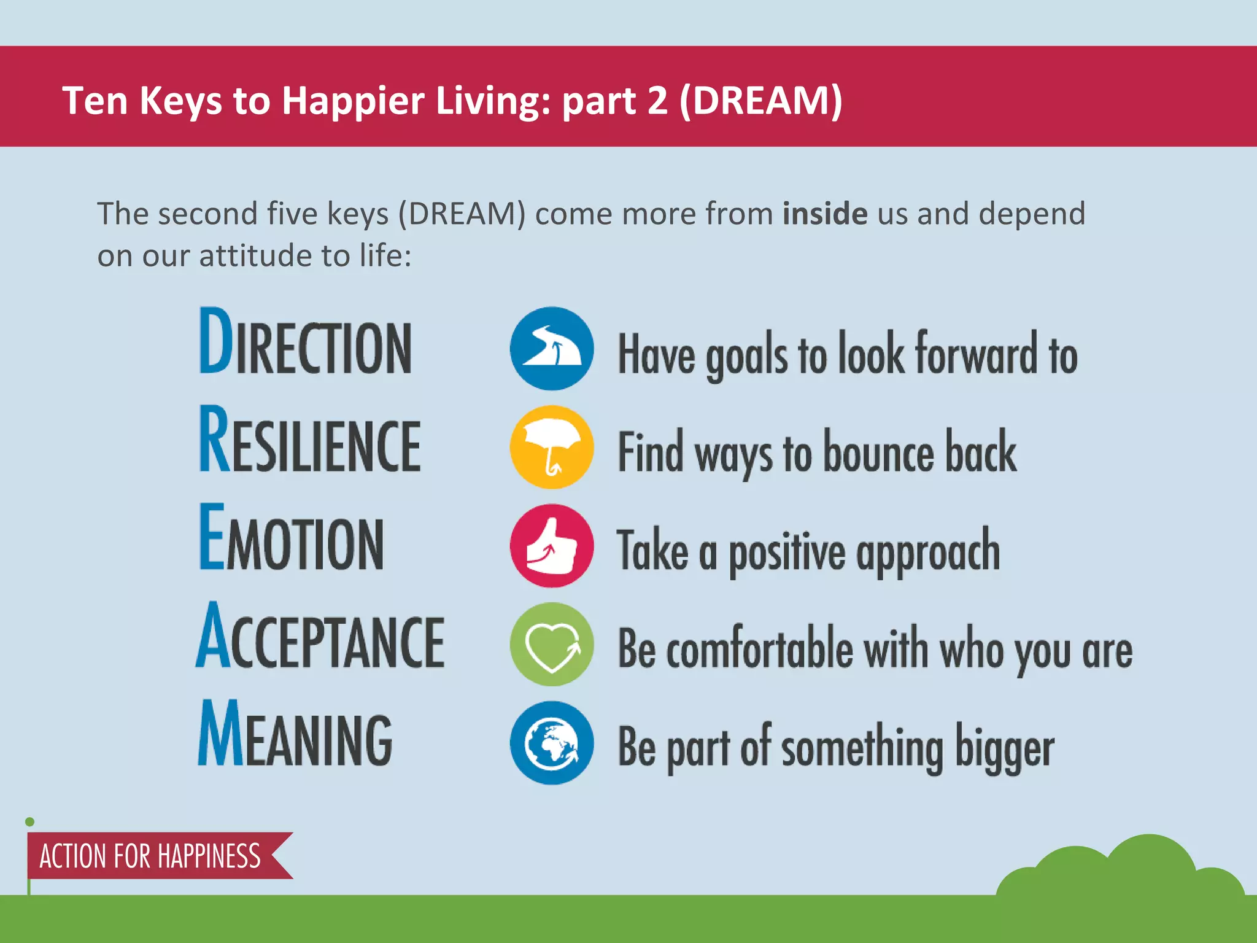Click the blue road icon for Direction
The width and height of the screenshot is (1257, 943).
[551, 349]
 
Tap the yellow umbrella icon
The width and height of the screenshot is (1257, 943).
[551, 448]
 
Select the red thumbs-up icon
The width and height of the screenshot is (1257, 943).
[551, 546]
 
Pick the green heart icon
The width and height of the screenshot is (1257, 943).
[551, 645]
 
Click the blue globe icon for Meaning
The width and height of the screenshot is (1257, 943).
[551, 743]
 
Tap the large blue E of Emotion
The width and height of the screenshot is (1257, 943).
[212, 537]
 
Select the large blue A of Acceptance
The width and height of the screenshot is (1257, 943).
[214, 635]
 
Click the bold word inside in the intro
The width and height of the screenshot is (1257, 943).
[824, 214]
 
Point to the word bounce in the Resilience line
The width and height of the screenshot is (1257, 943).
[878, 453]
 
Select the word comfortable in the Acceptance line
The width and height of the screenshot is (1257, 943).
[759, 650]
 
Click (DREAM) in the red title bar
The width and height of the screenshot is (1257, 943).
[760, 100]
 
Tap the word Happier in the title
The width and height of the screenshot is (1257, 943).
[352, 100]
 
